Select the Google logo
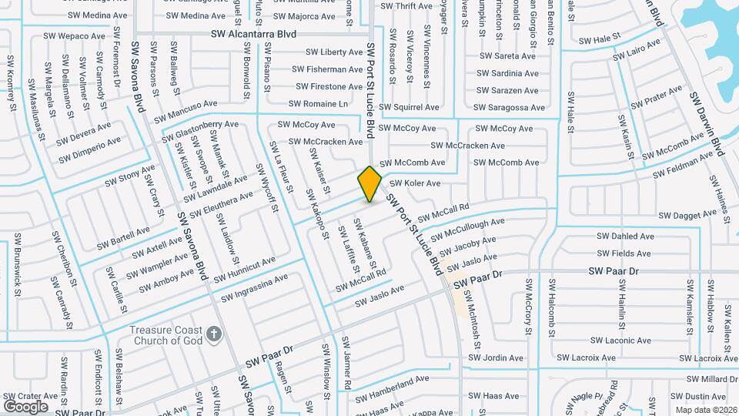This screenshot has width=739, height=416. (x=25, y=406)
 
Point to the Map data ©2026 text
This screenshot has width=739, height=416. (x=706, y=410)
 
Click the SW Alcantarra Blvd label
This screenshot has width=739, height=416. (x=253, y=35)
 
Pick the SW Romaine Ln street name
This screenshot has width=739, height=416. (x=318, y=103)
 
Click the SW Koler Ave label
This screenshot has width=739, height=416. (x=415, y=183)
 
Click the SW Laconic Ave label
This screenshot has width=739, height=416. (x=623, y=341)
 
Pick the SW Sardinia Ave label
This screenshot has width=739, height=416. (x=507, y=73)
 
